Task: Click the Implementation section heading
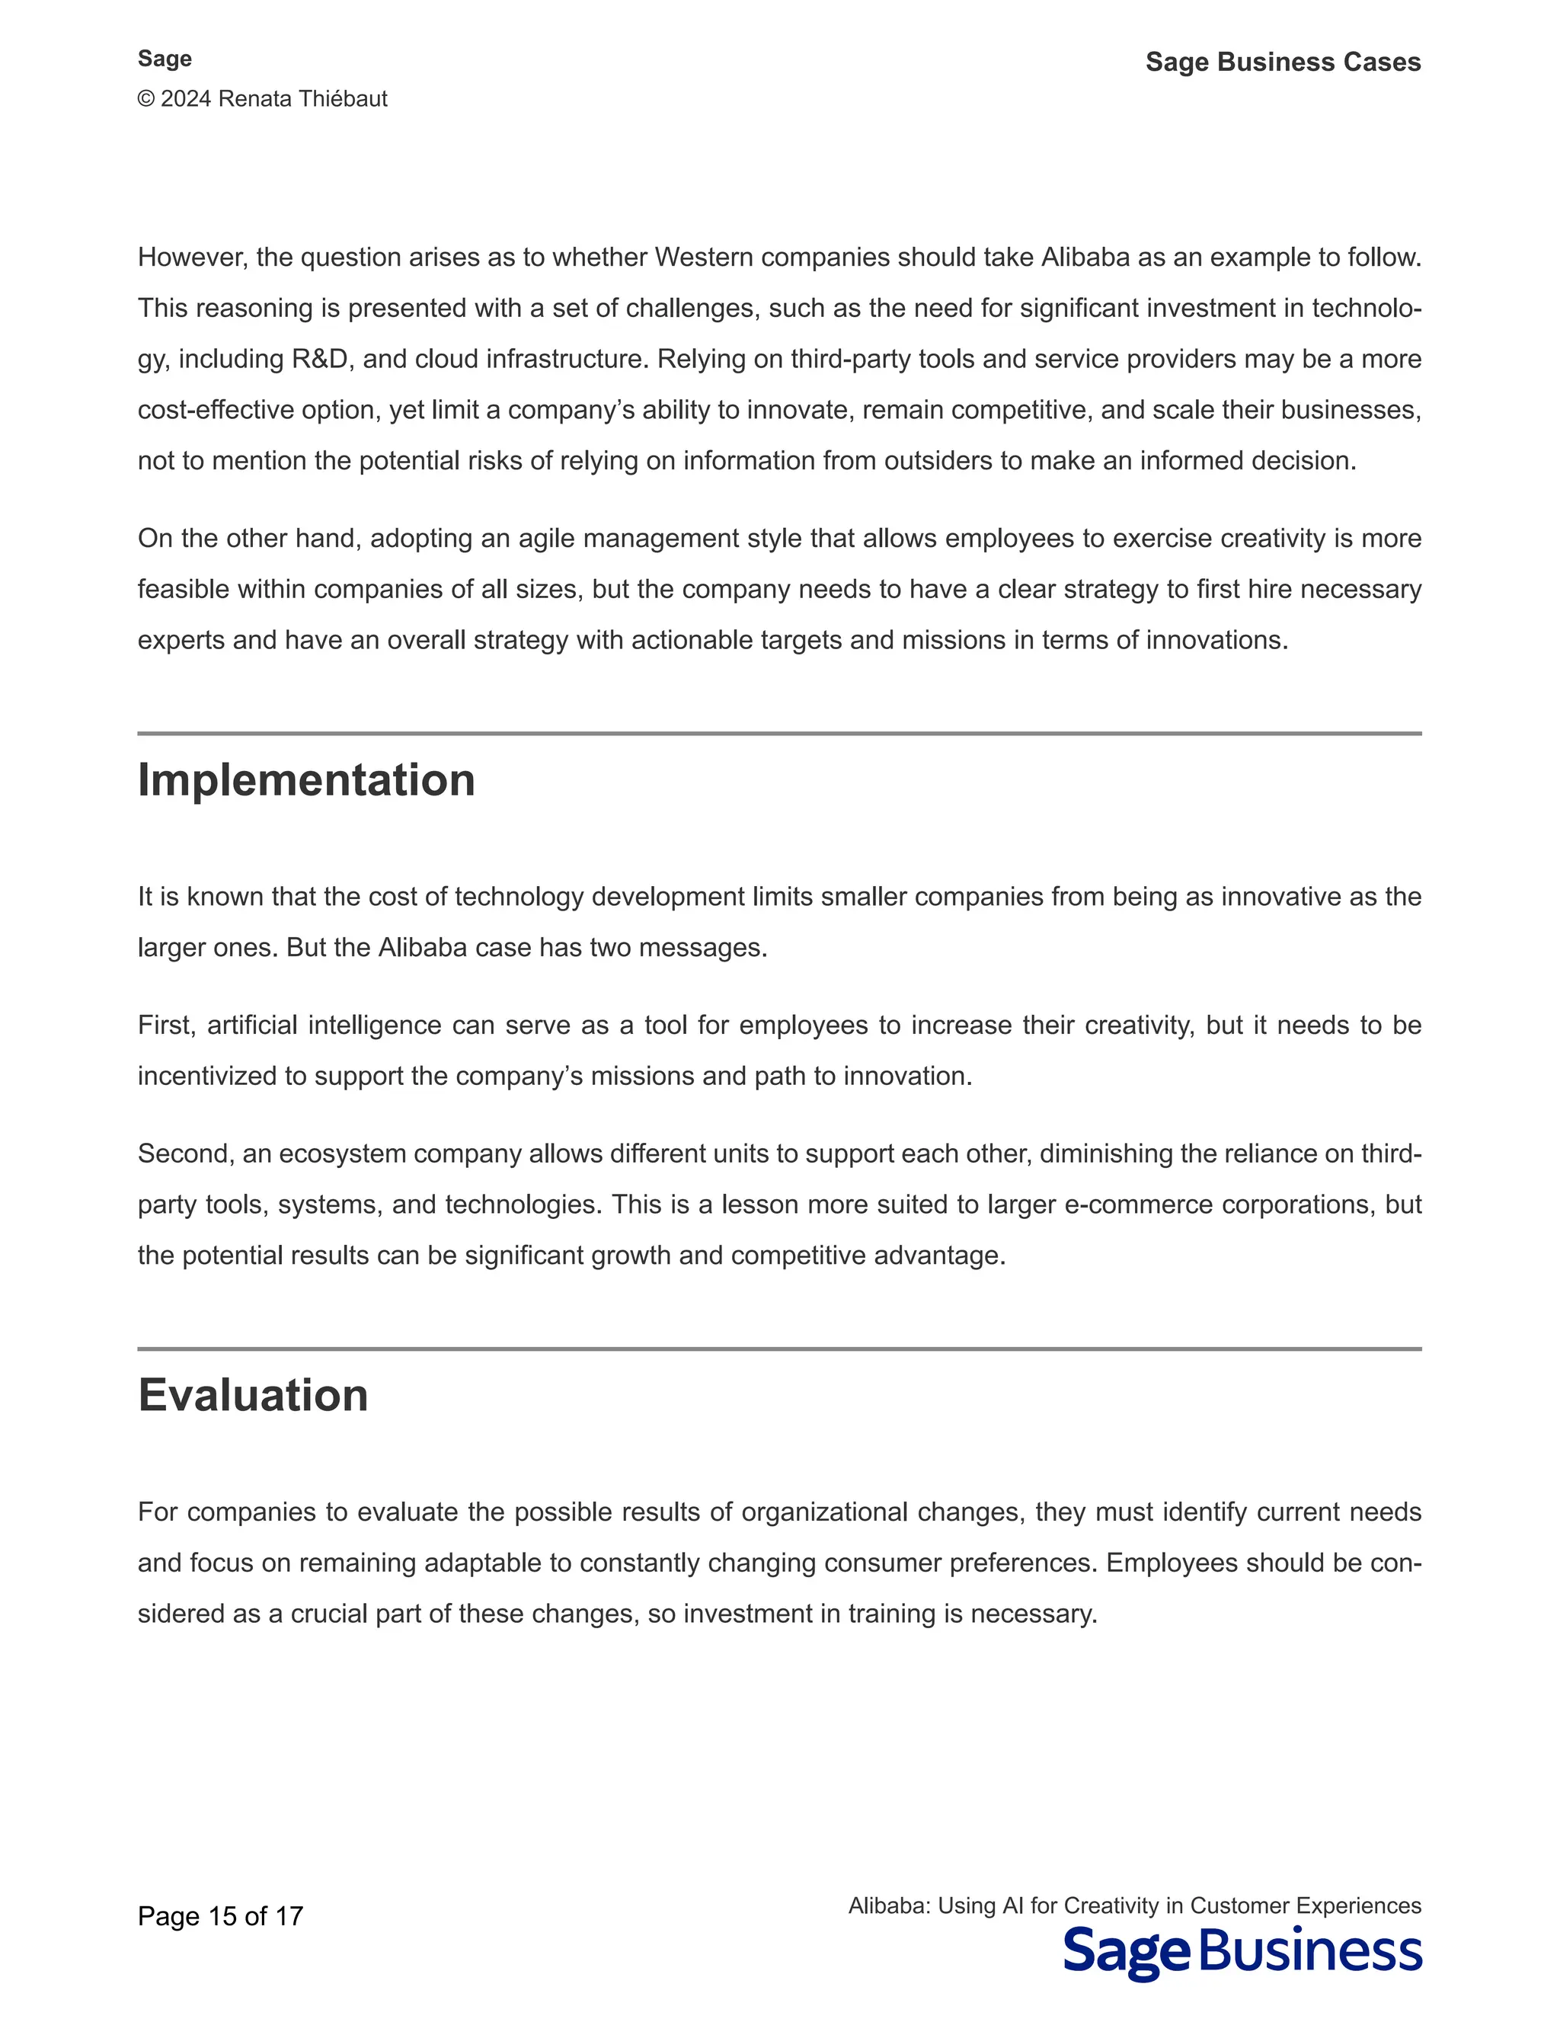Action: tap(306, 780)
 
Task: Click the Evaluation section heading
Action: tap(252, 1395)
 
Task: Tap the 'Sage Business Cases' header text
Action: tap(1283, 62)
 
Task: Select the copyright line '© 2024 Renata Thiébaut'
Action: tap(263, 99)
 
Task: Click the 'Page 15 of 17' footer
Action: tap(220, 1916)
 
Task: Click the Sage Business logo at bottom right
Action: tap(1242, 1953)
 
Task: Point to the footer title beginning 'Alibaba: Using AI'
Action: tap(1134, 1905)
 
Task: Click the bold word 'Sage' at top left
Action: tap(165, 58)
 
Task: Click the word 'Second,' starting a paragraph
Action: tap(182, 1153)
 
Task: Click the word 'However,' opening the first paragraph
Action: tap(192, 257)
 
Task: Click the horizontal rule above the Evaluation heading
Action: tap(779, 1349)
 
